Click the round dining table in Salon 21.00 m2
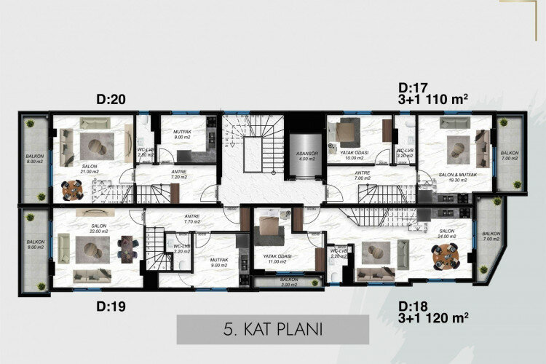tap(72, 189)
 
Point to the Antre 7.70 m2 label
tap(192, 218)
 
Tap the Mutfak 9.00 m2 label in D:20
tap(182, 135)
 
